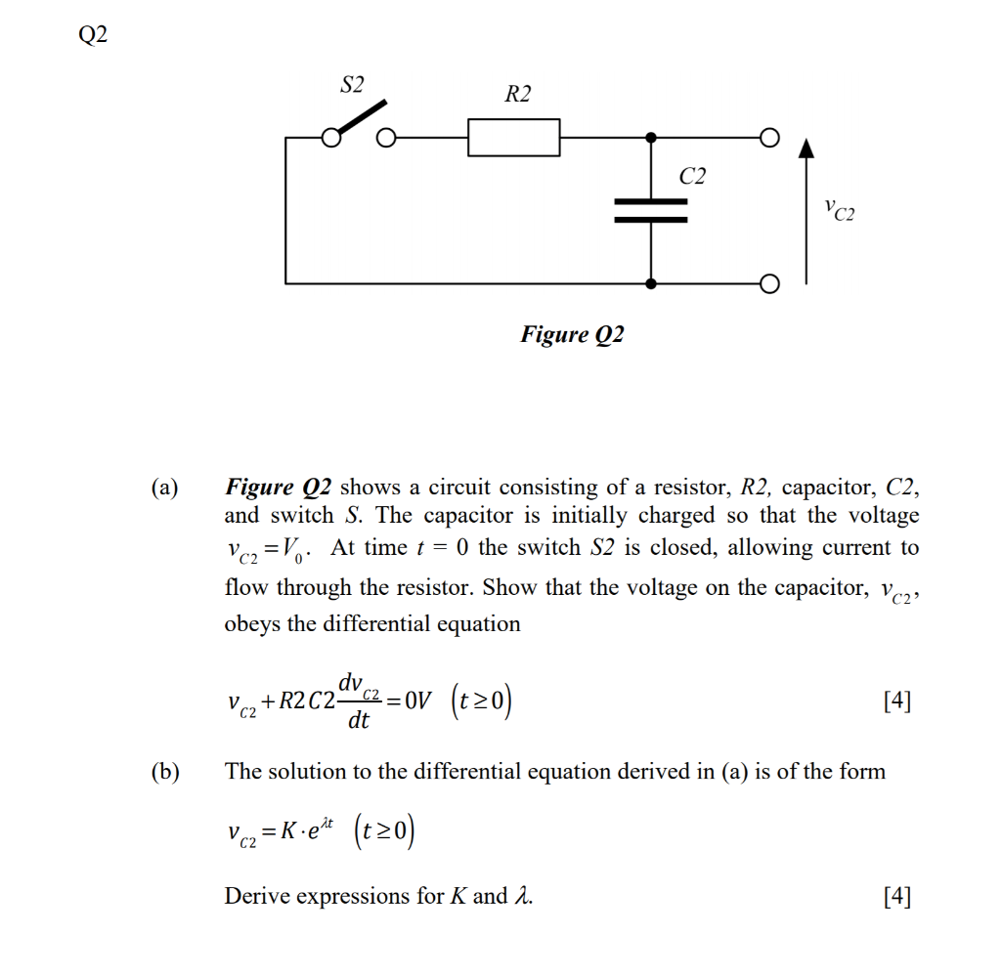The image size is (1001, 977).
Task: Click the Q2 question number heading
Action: [93, 36]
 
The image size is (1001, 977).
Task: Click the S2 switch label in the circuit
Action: [352, 85]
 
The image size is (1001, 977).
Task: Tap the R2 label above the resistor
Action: [518, 94]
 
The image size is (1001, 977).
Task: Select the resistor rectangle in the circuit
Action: [513, 138]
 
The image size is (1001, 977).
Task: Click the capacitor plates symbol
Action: [651, 210]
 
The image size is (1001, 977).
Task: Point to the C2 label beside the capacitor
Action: [692, 176]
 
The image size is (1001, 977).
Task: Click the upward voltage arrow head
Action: [805, 149]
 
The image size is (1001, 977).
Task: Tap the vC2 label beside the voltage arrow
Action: [838, 209]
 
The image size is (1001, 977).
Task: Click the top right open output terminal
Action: [770, 138]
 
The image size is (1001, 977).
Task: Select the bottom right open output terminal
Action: [770, 284]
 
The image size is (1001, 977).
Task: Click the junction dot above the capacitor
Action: [651, 138]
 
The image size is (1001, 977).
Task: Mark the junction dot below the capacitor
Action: [651, 283]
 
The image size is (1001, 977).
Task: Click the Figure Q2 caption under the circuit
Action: [572, 335]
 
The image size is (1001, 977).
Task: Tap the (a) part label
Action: [164, 487]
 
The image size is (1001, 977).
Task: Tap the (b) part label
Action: [164, 772]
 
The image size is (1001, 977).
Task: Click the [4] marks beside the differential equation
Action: [896, 701]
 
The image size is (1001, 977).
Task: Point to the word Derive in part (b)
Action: [256, 896]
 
